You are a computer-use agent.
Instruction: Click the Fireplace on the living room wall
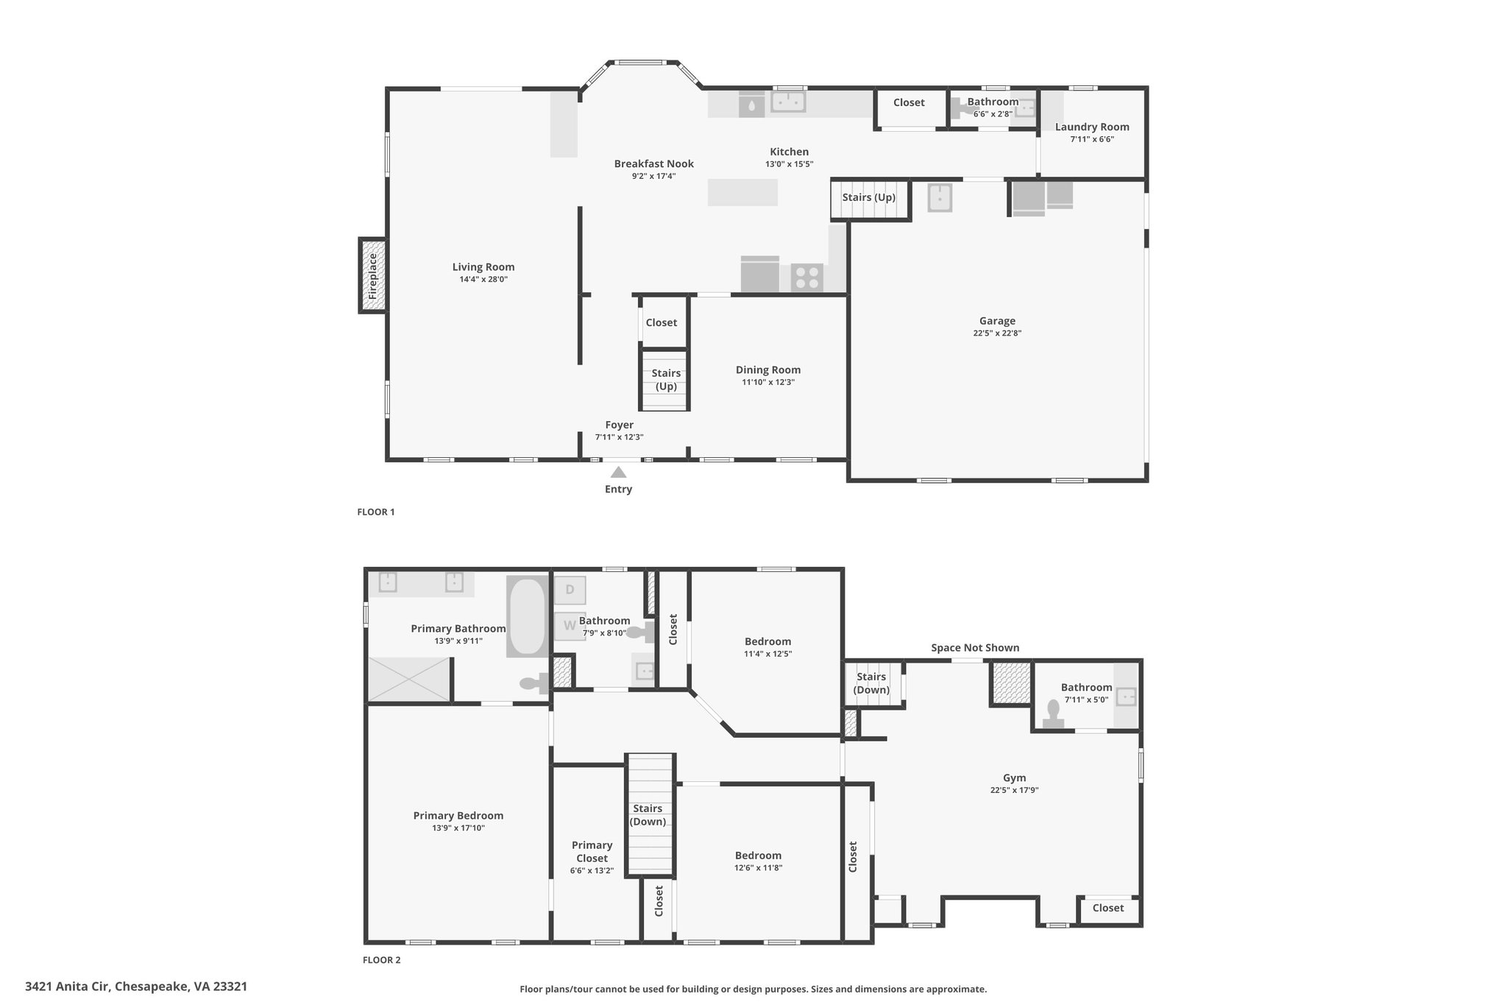(372, 275)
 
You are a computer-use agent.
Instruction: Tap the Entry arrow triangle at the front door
(618, 473)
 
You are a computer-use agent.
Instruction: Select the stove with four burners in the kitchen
(806, 278)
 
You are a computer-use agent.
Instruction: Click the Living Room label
(483, 267)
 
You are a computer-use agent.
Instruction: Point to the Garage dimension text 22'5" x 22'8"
(997, 333)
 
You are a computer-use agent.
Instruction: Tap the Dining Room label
(768, 370)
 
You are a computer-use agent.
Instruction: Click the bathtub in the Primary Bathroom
(526, 616)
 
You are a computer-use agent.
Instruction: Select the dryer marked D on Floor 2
(570, 590)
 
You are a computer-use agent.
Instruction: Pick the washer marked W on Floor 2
(569, 626)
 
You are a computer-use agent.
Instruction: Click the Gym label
(1014, 777)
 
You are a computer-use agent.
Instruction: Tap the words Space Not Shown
(975, 648)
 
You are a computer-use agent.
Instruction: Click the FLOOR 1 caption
(376, 512)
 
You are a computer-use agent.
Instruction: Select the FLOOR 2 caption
(382, 960)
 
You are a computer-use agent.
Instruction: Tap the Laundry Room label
(1092, 127)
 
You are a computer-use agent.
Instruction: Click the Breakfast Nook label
(654, 163)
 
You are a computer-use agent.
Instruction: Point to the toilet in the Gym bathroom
(1053, 714)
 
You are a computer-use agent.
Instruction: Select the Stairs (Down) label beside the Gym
(871, 683)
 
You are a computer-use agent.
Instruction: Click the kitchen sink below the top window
(788, 102)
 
